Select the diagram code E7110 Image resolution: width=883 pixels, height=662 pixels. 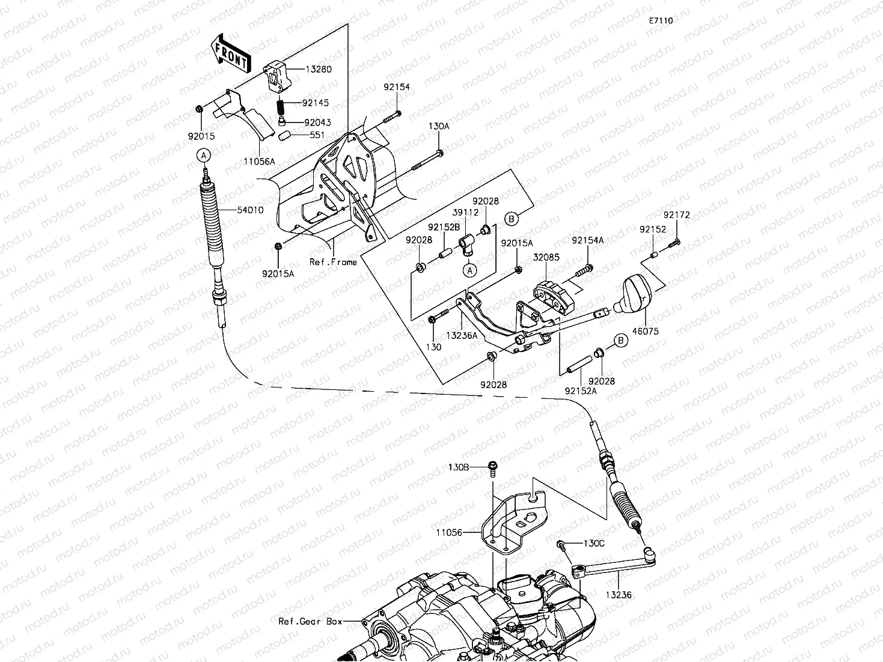coord(661,20)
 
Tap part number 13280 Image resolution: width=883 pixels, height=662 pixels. coord(319,69)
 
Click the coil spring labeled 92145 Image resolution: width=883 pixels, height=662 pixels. coord(281,106)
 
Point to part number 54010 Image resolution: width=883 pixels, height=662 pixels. coord(250,210)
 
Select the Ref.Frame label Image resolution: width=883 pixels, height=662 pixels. coord(333,262)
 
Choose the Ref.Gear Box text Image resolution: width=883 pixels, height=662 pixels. coord(310,621)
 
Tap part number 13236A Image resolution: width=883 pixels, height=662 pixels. coord(462,335)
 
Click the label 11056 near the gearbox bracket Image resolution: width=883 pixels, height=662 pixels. coord(449,533)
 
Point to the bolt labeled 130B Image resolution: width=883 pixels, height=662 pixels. coord(492,469)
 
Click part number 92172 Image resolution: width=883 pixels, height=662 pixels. coord(677,215)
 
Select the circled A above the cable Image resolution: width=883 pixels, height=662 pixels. coord(204,155)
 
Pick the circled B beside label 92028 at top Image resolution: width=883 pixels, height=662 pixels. coord(512,219)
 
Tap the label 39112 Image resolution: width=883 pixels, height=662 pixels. coord(465,212)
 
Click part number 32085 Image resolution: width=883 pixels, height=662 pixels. coord(546,257)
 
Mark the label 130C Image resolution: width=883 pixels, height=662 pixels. coord(594,544)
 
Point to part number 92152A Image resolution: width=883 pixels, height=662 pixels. coord(581,390)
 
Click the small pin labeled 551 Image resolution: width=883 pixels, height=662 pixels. coord(284,135)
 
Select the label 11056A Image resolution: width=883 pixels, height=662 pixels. coord(260,162)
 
